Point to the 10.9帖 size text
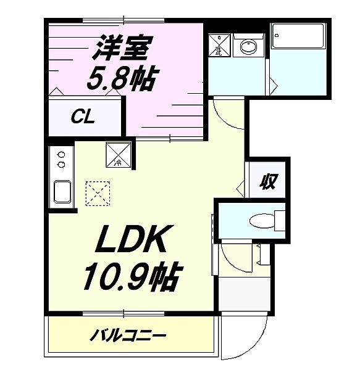point(131,277)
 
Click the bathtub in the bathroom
point(299,39)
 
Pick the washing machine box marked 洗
point(219,45)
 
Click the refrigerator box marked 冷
point(118,154)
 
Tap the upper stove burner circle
point(61,155)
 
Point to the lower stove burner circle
point(61,165)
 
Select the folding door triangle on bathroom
point(270,82)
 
